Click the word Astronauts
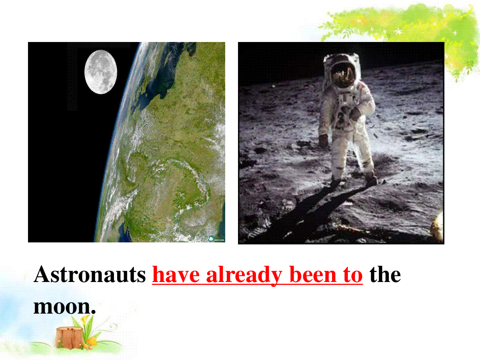tap(90, 274)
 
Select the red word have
tap(176, 274)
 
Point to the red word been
tap(313, 274)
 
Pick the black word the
tap(385, 274)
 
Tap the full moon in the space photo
tap(100, 72)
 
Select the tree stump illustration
tap(69, 337)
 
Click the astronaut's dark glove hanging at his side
tap(324, 140)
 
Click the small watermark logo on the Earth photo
tap(216, 239)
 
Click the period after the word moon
tap(93, 312)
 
